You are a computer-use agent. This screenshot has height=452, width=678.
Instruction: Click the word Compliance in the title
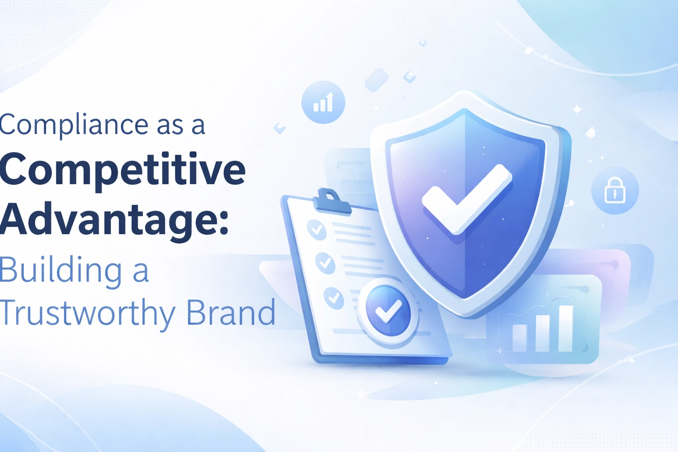74,125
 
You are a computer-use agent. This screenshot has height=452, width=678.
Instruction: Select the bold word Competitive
122,172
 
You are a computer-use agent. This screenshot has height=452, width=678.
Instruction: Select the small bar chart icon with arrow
323,102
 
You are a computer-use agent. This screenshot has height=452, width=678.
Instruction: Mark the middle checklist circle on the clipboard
325,263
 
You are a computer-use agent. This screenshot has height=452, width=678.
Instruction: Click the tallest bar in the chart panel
565,329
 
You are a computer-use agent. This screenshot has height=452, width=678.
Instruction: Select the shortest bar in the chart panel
520,338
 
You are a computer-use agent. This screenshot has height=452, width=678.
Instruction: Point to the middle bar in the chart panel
542,333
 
